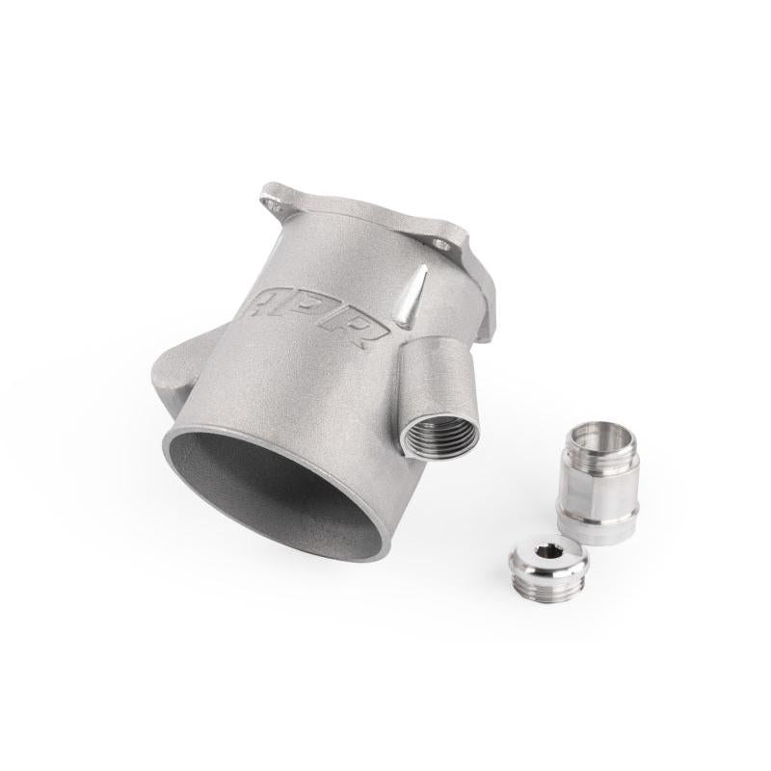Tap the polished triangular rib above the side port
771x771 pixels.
[x=412, y=300]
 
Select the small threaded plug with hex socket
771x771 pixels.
[x=547, y=570]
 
